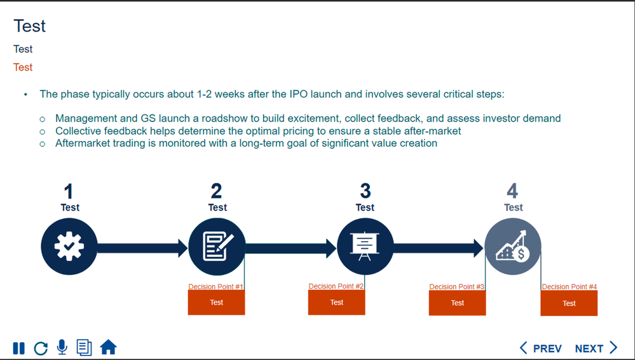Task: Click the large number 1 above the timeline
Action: coord(69,191)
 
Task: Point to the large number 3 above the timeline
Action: coord(365,191)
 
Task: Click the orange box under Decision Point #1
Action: coord(216,303)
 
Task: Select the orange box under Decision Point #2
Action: coord(336,303)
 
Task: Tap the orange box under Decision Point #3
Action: coord(457,303)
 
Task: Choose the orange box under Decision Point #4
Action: coord(569,303)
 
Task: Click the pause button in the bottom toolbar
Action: coord(19,348)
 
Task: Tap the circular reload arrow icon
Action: coord(41,348)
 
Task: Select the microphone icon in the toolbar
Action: coord(62,347)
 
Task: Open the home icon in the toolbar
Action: coord(109,347)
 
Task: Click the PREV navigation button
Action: coord(541,348)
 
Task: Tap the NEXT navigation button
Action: coord(596,348)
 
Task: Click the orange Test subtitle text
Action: coord(23,67)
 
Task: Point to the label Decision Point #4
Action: coord(569,287)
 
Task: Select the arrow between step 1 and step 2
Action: coord(143,247)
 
